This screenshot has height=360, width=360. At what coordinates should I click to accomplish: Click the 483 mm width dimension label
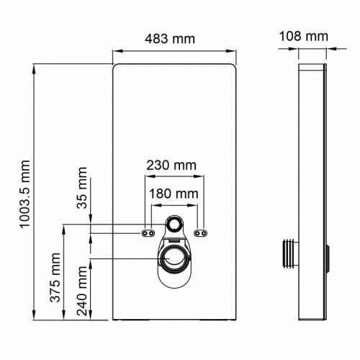[x=173, y=39]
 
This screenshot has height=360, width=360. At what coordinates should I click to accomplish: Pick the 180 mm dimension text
[x=174, y=193]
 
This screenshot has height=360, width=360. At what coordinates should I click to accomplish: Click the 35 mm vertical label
[x=82, y=189]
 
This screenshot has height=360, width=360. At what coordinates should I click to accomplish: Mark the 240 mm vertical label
[x=82, y=287]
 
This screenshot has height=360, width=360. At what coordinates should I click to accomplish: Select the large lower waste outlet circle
[x=174, y=258]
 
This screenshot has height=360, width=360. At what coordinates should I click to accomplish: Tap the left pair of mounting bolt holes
[x=148, y=233]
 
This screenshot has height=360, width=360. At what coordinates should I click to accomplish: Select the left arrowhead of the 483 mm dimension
[x=116, y=50]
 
